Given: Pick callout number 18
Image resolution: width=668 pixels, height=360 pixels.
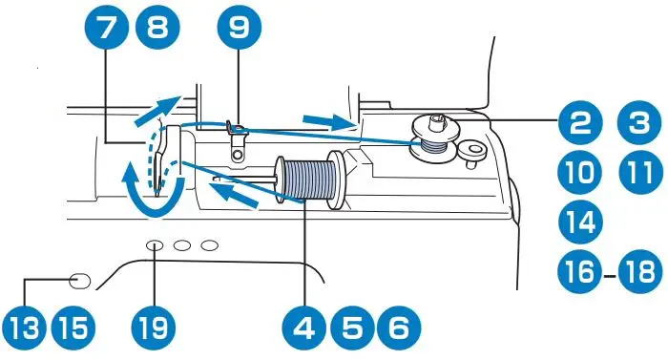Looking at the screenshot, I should pos(637,274).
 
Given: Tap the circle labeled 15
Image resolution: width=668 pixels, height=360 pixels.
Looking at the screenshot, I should pos(73,328).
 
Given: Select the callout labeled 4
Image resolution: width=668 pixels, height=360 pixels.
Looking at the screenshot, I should pos(305,328).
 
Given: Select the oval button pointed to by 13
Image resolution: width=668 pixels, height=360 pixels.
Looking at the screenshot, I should pos(81,280).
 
